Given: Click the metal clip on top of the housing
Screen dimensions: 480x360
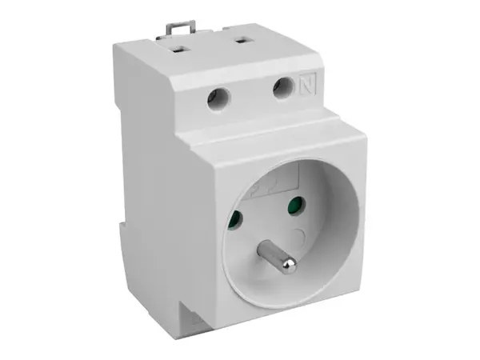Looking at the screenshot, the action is point(180,27).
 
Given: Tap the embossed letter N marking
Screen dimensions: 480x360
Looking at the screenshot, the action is point(307,84).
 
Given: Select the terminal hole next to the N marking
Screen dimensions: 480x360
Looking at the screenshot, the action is point(283,89).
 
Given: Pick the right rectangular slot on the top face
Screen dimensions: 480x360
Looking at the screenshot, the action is point(242,41).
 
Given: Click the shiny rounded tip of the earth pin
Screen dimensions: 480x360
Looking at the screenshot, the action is point(289,265).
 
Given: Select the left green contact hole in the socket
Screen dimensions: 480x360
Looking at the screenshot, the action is point(236,219).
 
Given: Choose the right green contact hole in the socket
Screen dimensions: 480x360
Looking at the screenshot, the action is point(297,206).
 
